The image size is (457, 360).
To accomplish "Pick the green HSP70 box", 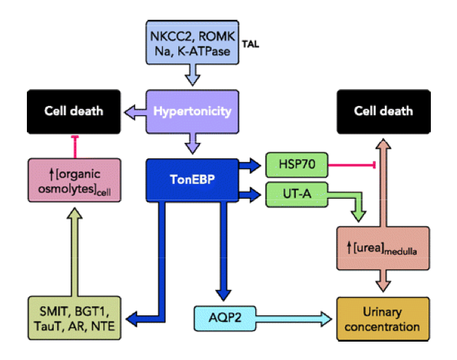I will click(x=295, y=166).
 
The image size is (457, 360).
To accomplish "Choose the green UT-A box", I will click(x=295, y=194).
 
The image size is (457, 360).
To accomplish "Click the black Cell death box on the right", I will click(x=383, y=111).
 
